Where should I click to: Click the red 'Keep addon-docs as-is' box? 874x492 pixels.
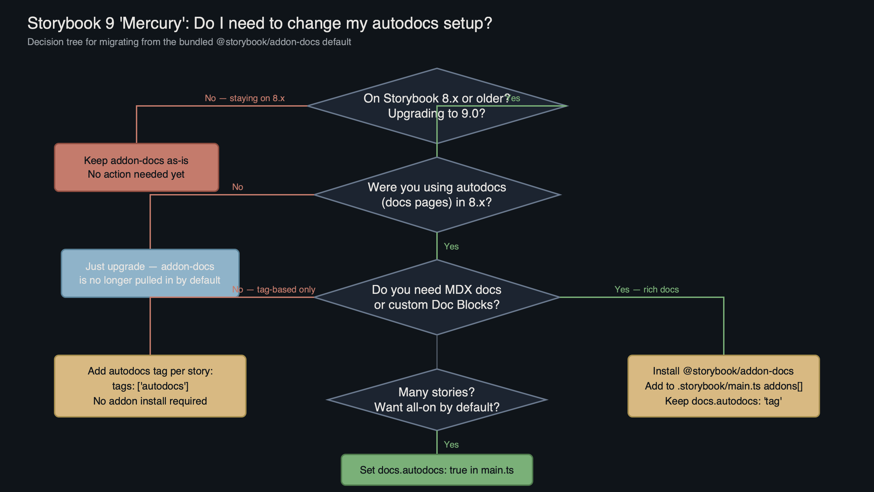click(136, 167)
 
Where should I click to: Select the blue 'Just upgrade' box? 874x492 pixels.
click(150, 273)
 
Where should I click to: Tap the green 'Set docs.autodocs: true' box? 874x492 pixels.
click(437, 470)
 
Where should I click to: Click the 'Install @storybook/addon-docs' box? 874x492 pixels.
click(723, 386)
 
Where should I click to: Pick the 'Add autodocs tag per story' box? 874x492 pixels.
click(150, 386)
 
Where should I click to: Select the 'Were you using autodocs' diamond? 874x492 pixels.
click(437, 194)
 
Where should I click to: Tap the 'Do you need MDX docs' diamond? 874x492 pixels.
click(437, 297)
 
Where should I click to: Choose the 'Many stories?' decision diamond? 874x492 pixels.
click(437, 399)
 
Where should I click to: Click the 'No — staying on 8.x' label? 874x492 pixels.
click(244, 98)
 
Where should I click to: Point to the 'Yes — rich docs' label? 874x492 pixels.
click(646, 289)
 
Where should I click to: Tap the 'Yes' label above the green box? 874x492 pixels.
click(451, 445)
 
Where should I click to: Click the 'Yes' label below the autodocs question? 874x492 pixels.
click(451, 246)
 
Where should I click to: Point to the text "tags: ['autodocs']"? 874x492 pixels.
click(150, 386)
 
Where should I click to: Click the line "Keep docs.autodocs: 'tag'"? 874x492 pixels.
click(723, 401)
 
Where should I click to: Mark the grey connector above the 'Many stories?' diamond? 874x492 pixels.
click(437, 352)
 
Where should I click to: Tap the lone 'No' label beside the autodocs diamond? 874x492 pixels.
click(237, 187)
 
